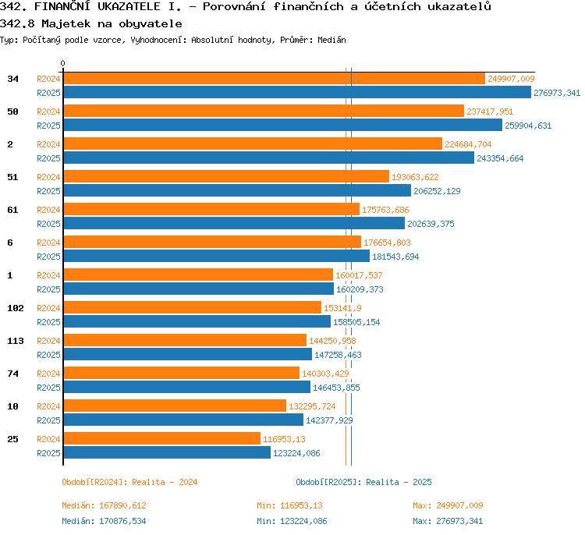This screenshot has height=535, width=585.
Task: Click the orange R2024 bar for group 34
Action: click(275, 78)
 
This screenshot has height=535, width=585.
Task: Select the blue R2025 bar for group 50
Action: click(283, 125)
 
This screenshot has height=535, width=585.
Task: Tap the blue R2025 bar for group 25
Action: click(167, 452)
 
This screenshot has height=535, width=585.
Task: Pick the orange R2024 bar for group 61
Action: click(211, 209)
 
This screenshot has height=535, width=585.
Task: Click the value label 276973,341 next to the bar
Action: click(557, 93)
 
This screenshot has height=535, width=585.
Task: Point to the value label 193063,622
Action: click(415, 177)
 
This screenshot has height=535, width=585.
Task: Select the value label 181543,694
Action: click(395, 257)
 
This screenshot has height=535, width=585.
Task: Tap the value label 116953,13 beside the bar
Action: click(284, 439)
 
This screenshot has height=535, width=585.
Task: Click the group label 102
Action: click(16, 308)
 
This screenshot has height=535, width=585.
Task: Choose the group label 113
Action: click(16, 341)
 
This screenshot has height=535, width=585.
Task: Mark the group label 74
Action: click(12, 374)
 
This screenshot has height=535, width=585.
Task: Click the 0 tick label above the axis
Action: click(62, 63)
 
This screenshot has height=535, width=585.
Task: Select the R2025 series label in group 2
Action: click(48, 158)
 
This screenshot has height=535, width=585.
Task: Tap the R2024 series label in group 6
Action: click(48, 243)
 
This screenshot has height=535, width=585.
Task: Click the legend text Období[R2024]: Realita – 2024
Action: click(129, 482)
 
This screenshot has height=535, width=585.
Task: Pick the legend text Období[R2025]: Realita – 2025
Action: click(363, 482)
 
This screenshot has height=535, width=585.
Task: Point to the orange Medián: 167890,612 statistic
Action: click(104, 505)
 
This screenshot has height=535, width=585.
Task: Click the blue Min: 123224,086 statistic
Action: click(292, 521)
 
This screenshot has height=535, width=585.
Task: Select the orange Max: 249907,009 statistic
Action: click(448, 505)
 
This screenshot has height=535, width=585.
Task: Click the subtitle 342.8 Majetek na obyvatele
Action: click(91, 24)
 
